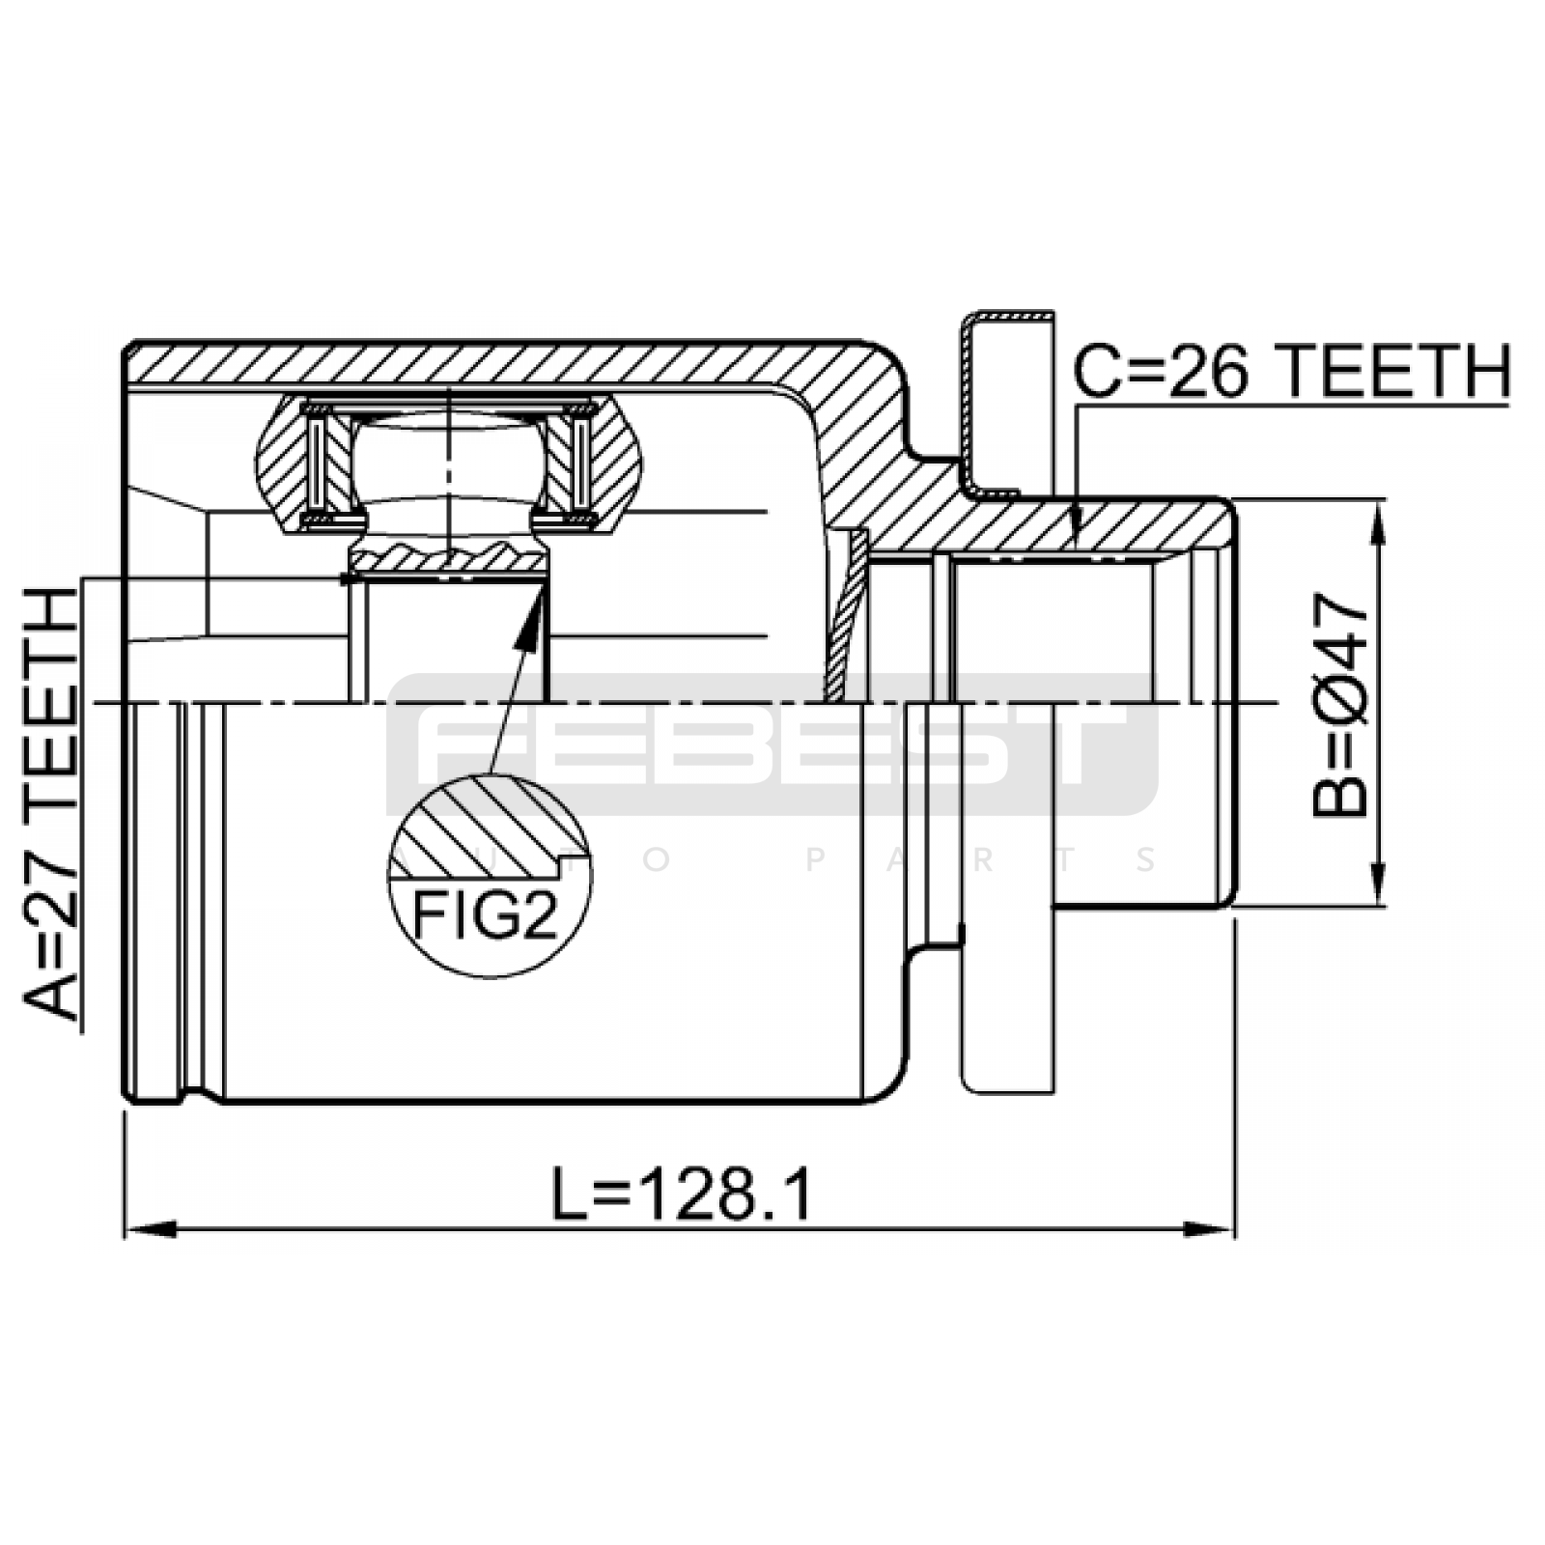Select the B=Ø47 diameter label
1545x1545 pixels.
coord(1340,705)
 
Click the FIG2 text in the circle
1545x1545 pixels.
coord(485,913)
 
